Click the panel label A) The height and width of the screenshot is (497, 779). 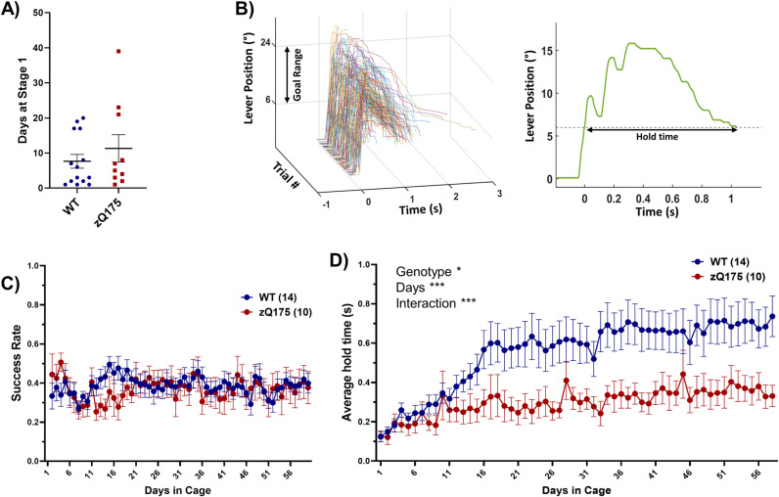(11, 10)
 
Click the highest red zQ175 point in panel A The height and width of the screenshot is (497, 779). (118, 51)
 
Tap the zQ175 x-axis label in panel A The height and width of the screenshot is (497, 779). (109, 213)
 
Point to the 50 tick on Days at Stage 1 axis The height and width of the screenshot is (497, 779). (37, 13)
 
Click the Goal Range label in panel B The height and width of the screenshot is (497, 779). (298, 75)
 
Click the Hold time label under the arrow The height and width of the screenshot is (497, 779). (657, 137)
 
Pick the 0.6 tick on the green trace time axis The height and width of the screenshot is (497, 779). (672, 199)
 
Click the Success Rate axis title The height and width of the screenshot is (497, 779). (16, 362)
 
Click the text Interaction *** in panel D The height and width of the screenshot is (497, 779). (435, 303)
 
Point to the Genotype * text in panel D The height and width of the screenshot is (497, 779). (429, 272)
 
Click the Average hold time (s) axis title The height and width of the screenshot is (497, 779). (347, 363)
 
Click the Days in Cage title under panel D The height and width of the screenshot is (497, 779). (576, 490)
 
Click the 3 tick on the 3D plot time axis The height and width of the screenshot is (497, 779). (499, 194)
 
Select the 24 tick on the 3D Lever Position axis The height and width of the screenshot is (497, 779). (265, 44)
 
